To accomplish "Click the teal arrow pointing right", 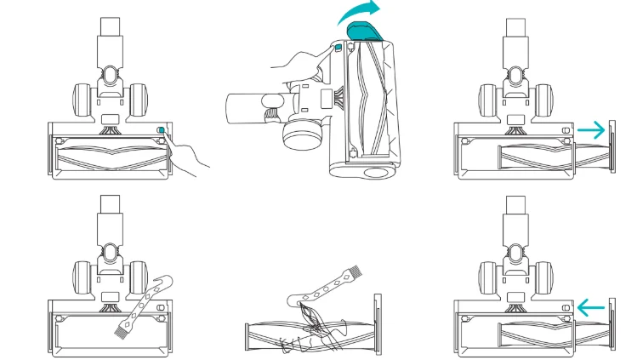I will [x=593, y=130].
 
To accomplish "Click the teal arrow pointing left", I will [x=593, y=305].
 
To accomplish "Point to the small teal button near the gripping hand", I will [x=337, y=50].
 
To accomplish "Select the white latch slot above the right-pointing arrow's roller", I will [x=565, y=130].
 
